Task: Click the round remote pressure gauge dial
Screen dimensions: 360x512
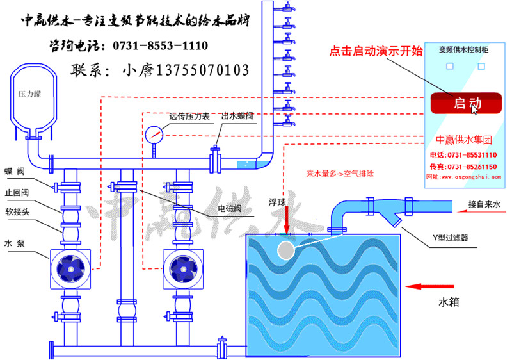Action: tap(154, 135)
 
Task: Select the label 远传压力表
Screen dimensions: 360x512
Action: tap(189, 117)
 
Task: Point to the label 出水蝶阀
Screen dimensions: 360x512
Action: tap(237, 117)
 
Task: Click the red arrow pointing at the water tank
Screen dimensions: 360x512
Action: tap(428, 286)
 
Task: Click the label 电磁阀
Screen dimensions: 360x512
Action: tap(230, 208)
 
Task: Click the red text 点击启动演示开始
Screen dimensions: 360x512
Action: tap(376, 51)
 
